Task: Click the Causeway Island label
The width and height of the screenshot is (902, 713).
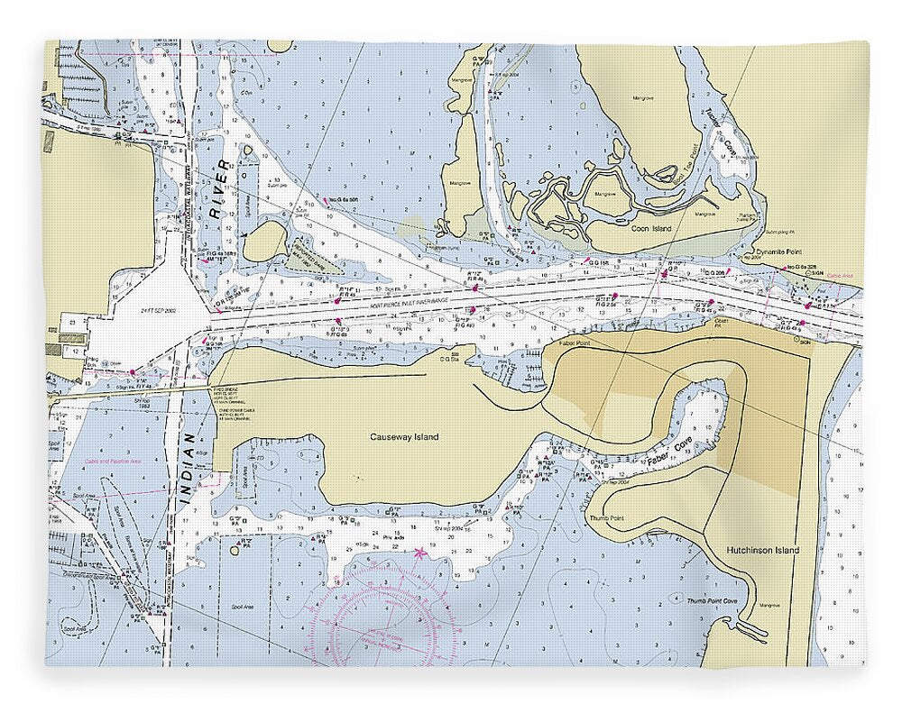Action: tap(404, 437)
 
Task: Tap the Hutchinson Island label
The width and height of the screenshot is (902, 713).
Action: tap(762, 549)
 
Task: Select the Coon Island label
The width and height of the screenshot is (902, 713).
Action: tap(651, 229)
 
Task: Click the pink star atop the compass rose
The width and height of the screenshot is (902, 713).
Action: tap(418, 552)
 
